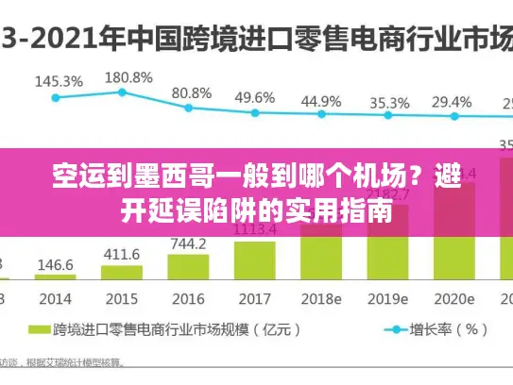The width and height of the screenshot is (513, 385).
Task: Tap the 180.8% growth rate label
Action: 128,76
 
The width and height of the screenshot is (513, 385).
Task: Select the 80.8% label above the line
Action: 192,92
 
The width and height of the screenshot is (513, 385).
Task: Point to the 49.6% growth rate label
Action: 255,97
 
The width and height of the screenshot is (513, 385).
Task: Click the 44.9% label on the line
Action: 321,100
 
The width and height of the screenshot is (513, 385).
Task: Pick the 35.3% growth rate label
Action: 389,102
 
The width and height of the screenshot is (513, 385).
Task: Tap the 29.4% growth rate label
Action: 453,101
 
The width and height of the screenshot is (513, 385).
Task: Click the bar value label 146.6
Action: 56,266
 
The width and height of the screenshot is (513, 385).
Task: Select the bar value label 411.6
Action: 122,255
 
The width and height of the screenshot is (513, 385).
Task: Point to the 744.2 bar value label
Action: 188,243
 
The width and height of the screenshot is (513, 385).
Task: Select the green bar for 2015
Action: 122,273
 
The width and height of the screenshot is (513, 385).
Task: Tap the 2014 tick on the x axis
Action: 56,299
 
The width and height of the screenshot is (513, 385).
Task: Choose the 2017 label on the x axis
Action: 255,299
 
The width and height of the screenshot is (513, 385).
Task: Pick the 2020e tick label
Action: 454,299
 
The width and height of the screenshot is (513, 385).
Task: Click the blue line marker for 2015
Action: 122,92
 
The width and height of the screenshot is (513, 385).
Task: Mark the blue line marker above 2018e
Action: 321,116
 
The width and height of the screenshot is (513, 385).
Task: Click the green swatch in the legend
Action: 38,330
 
